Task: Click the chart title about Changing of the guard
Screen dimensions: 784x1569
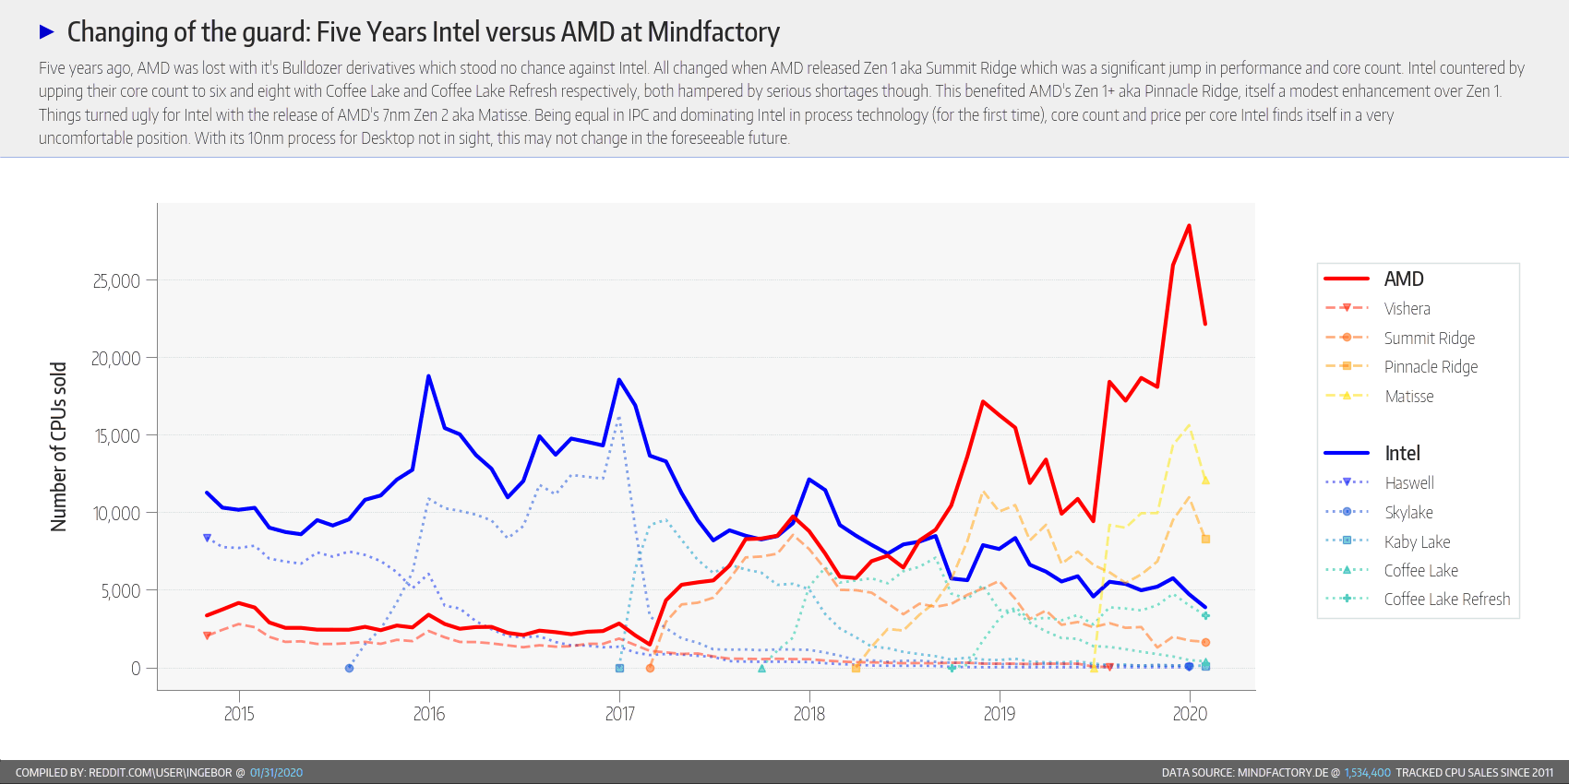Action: [x=423, y=32]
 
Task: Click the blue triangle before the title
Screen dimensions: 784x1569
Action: [x=47, y=32]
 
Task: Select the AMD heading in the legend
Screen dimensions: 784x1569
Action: [x=1404, y=279]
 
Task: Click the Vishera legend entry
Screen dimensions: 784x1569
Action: [x=1407, y=309]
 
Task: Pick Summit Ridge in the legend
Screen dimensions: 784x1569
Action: [x=1429, y=339]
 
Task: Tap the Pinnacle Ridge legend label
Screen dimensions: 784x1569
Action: [x=1431, y=367]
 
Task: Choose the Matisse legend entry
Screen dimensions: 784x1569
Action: [x=1409, y=397]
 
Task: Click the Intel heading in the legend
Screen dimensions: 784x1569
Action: [x=1402, y=453]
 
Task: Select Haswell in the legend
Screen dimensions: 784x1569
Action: [x=1409, y=483]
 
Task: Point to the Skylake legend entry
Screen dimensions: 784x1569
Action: [x=1408, y=513]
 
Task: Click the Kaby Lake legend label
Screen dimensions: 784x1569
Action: [x=1417, y=542]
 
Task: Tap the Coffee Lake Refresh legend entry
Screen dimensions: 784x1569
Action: [x=1446, y=600]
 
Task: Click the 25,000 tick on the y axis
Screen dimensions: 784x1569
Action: [x=116, y=280]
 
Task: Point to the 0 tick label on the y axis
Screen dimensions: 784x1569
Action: [x=136, y=669]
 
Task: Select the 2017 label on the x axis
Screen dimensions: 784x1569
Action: [x=619, y=714]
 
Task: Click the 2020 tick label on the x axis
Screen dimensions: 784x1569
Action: [x=1190, y=714]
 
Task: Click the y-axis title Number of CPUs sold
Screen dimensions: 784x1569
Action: [x=59, y=446]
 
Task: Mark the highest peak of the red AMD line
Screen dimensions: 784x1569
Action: [x=1189, y=226]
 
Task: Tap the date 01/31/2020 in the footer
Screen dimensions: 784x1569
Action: [x=276, y=773]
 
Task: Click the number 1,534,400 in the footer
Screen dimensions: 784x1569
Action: [x=1367, y=773]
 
